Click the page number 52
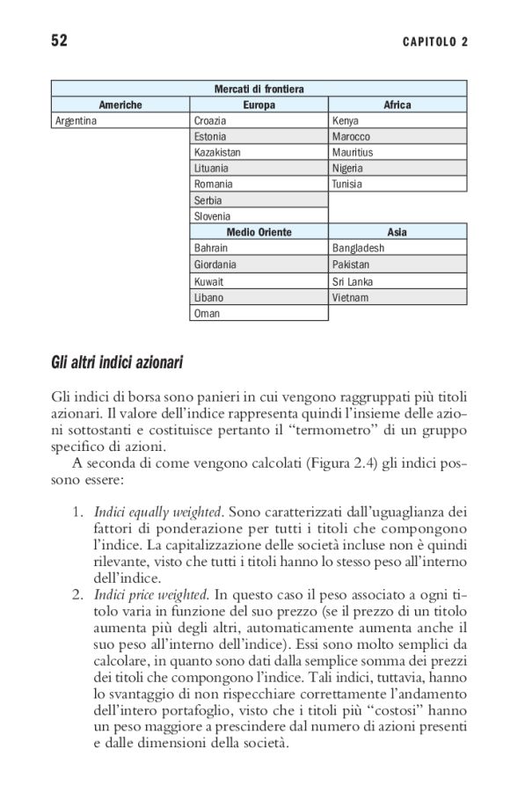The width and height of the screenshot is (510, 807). click(59, 40)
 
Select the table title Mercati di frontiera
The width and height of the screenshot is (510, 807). click(259, 89)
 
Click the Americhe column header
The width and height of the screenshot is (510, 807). click(120, 105)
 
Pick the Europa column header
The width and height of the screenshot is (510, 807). click(259, 105)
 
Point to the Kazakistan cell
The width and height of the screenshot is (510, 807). click(216, 152)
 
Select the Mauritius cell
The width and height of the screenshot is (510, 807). click(353, 152)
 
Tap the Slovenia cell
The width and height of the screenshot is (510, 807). click(212, 215)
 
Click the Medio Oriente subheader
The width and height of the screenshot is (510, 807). click(259, 232)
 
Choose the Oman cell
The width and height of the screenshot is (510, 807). click(208, 313)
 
